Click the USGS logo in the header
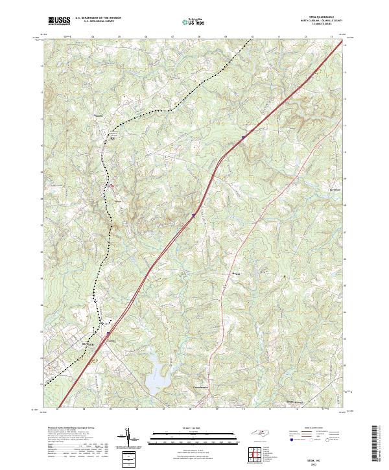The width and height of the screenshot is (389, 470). click(x=59, y=21)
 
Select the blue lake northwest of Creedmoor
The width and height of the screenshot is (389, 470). click(x=156, y=375)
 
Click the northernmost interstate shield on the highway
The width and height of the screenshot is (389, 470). click(x=244, y=137)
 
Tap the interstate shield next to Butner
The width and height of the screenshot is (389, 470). click(x=108, y=335)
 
